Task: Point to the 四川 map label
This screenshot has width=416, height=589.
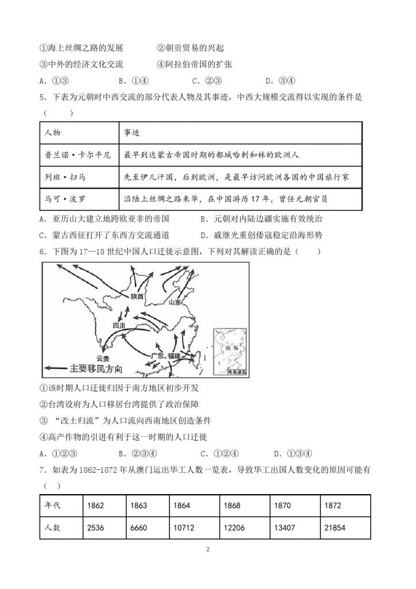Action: pos(119,326)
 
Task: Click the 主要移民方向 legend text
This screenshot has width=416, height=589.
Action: pos(97,368)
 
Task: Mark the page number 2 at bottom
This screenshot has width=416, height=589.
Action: pos(207,549)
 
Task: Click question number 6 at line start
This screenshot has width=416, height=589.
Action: pos(43,251)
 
